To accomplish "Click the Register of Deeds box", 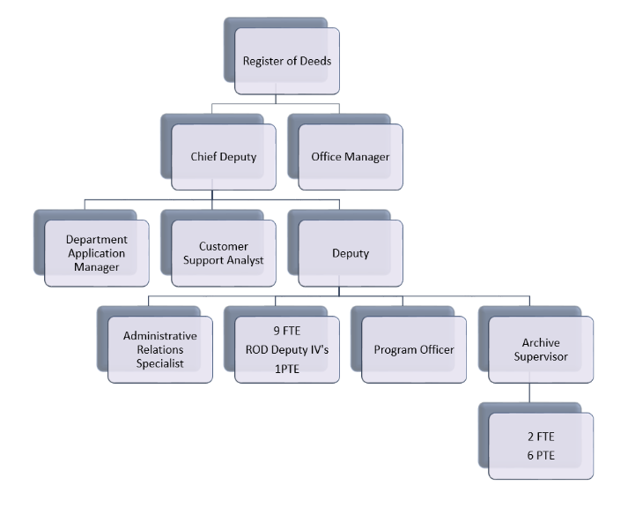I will pos(287,61).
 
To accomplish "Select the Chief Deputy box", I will pos(224,157).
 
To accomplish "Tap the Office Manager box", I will pos(350,157).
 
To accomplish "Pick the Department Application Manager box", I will pos(97,253).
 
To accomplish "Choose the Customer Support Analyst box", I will pos(224,253).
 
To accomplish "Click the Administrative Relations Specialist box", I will pos(160,349).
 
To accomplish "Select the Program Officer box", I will pos(414,349).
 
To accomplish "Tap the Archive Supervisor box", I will pos(541,349).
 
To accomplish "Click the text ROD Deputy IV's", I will pos(287,349).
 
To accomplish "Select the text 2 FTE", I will pos(541,437).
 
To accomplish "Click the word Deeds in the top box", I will pos(315,61).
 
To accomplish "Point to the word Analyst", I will pos(245,260).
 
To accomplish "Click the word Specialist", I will pos(160,363).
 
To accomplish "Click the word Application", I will pos(97,253).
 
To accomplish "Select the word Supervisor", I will pos(541,356).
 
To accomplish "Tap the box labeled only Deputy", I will pos(350,253).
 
